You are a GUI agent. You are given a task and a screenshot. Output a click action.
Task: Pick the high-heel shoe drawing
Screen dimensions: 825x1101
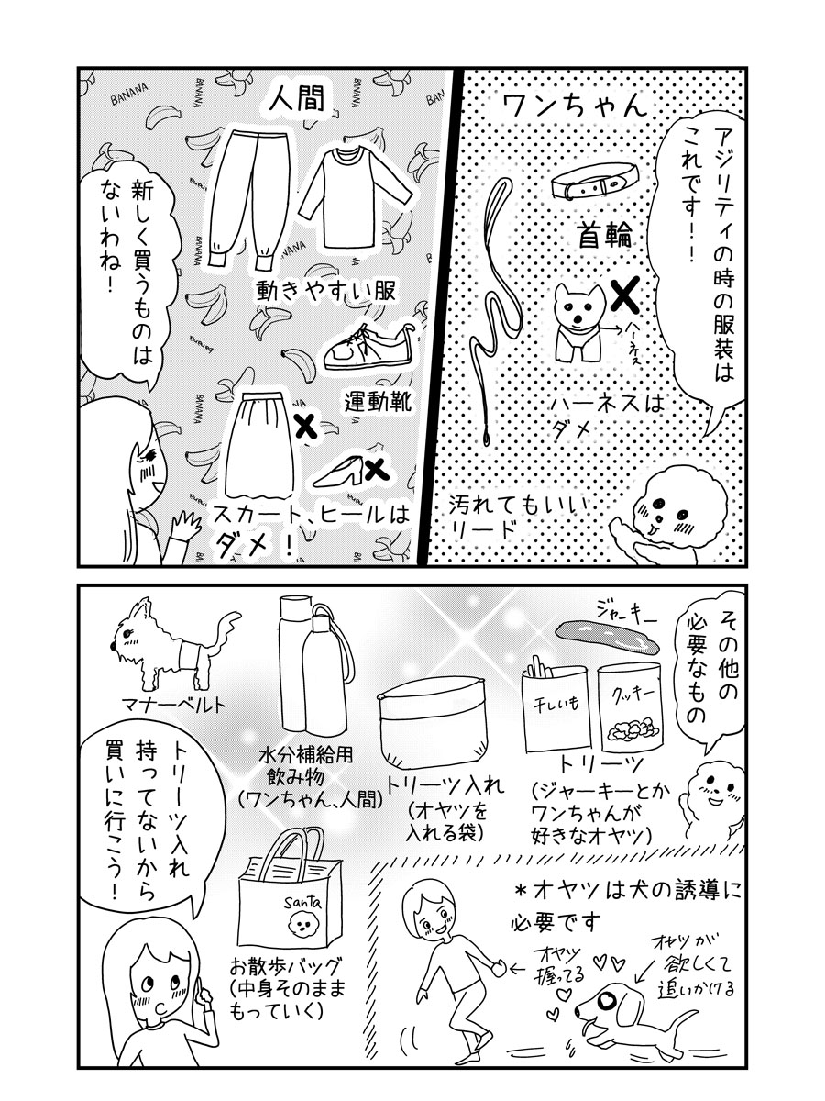[339, 470]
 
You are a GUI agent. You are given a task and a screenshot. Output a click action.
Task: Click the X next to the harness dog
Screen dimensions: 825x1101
[626, 294]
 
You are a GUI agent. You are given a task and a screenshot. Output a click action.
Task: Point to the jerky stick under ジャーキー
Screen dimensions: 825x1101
[607, 636]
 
